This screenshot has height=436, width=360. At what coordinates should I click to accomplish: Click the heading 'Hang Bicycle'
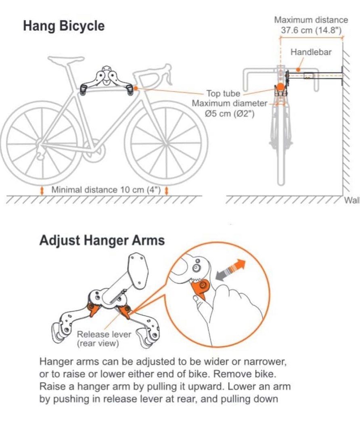64,26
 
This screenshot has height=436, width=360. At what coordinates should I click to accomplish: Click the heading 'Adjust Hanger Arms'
102,241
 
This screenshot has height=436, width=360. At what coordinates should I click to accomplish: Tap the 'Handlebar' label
311,52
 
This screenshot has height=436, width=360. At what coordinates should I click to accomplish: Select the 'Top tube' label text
223,94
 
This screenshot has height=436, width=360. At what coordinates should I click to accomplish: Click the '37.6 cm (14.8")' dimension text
311,30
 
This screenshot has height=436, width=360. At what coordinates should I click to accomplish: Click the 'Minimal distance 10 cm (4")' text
106,190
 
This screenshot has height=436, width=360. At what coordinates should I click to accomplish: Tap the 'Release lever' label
104,334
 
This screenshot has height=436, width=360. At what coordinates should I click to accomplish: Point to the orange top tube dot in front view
280,87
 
